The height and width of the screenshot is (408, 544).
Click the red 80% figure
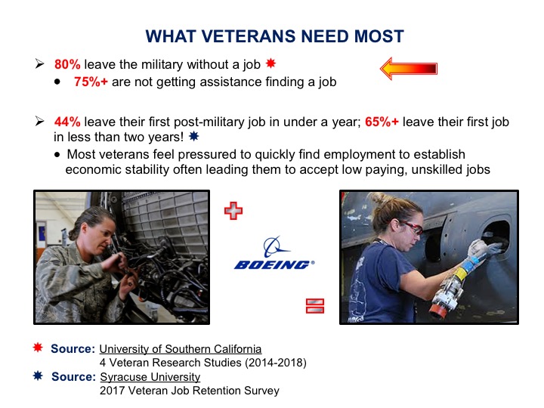(x=67, y=64)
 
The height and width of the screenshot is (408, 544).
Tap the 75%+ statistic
(x=91, y=82)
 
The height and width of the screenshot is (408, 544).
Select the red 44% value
(x=67, y=122)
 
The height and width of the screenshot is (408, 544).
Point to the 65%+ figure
(x=382, y=122)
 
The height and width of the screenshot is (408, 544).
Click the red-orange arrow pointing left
(x=409, y=68)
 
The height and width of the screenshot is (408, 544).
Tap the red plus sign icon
(x=233, y=211)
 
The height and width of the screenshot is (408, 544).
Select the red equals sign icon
(x=315, y=306)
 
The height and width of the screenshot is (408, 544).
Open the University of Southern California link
(x=181, y=348)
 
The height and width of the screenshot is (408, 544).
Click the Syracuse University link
(x=150, y=377)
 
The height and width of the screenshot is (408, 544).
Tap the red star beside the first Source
(x=38, y=348)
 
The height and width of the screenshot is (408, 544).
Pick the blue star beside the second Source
(x=38, y=376)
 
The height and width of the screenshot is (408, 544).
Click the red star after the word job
(x=270, y=63)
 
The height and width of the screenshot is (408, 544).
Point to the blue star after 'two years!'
(x=193, y=136)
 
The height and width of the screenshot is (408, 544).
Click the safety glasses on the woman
(x=410, y=227)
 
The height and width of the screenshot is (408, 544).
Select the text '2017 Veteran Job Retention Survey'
(x=190, y=391)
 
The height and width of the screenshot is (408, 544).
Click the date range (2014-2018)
(x=276, y=363)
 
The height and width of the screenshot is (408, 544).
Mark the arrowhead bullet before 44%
(x=39, y=121)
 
